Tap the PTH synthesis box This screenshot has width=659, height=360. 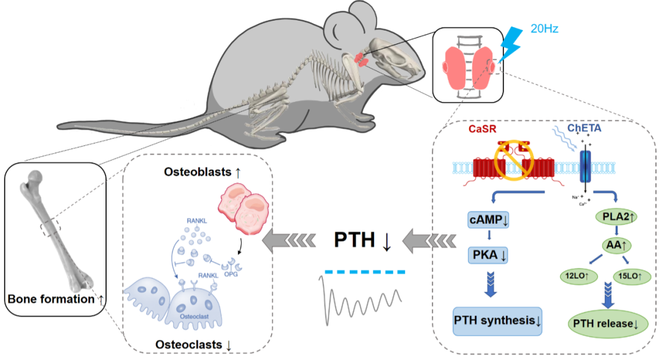point(497,320)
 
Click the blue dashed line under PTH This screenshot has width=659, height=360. point(364,272)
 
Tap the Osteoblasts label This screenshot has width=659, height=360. point(201,173)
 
